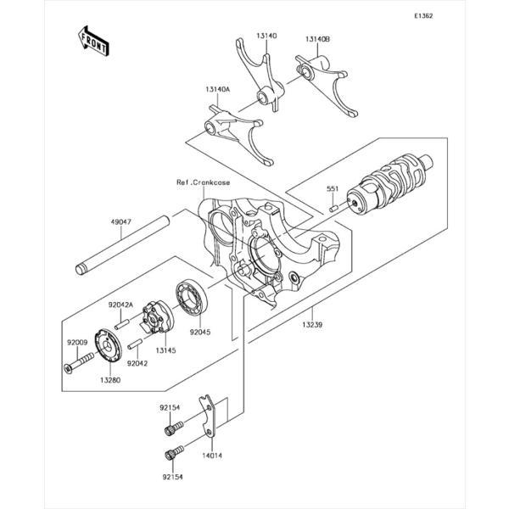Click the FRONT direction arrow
(93, 41)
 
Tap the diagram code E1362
(423, 16)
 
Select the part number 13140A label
(217, 89)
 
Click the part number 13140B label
(317, 39)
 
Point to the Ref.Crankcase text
(204, 182)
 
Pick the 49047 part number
(121, 222)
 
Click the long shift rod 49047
(122, 246)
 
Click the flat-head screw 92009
(79, 363)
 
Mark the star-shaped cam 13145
(158, 317)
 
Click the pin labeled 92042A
(122, 325)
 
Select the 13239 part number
(312, 324)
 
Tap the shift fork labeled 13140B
(327, 85)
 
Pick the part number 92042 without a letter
(137, 364)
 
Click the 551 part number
(333, 188)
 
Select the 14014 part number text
(212, 456)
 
